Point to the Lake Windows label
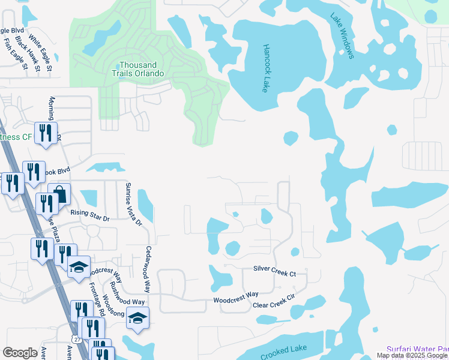tap(343, 37)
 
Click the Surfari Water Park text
tap(417, 349)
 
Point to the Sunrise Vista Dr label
tap(133, 205)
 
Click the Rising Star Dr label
tap(90, 215)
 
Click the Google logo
tap(20, 353)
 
